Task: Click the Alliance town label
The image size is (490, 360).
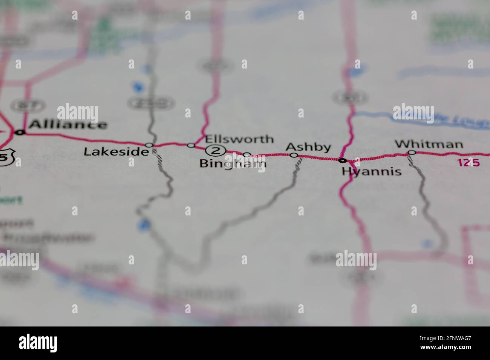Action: point(68,124)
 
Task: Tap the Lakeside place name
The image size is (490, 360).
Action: point(116,151)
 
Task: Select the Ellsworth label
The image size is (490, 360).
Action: point(239,139)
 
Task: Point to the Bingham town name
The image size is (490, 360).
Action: point(233,163)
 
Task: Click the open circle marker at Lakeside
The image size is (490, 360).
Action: point(149,145)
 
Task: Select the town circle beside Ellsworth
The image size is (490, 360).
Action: point(191,145)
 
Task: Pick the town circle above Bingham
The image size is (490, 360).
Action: point(247,155)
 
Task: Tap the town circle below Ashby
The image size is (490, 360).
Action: point(294,155)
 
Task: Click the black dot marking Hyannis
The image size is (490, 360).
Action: point(342,160)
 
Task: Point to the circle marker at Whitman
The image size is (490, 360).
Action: point(412,153)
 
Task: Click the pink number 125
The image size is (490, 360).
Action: point(469,163)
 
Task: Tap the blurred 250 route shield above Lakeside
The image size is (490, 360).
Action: point(151,102)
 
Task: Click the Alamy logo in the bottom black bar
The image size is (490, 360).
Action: point(38,343)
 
